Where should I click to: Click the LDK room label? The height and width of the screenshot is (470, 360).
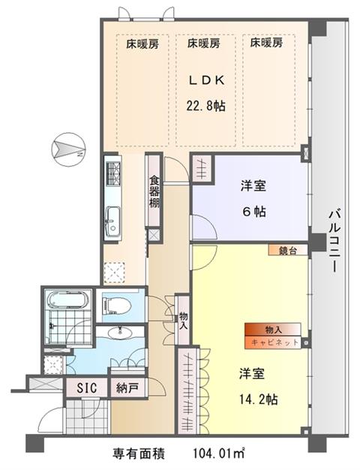point(207,80)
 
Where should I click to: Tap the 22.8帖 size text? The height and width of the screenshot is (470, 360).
point(206,106)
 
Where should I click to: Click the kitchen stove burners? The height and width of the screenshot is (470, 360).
point(113,173)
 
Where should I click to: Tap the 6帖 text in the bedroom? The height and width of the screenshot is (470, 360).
point(254,212)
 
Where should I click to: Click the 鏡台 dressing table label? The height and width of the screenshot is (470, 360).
point(287,250)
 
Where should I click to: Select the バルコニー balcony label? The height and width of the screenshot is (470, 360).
point(334,241)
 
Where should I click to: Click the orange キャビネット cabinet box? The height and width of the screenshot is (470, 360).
point(272,342)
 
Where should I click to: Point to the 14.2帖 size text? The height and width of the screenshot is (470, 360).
point(258,399)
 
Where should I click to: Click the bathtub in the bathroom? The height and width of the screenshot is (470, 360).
point(68,300)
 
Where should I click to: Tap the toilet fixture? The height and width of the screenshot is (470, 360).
point(117,306)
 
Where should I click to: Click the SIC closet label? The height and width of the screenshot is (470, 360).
point(86,388)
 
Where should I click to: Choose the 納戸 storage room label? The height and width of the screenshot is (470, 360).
point(127,388)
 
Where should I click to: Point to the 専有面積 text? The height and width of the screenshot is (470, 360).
point(138,453)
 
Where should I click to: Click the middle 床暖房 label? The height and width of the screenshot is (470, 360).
point(204,44)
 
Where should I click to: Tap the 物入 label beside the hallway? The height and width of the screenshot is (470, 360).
point(183,321)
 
